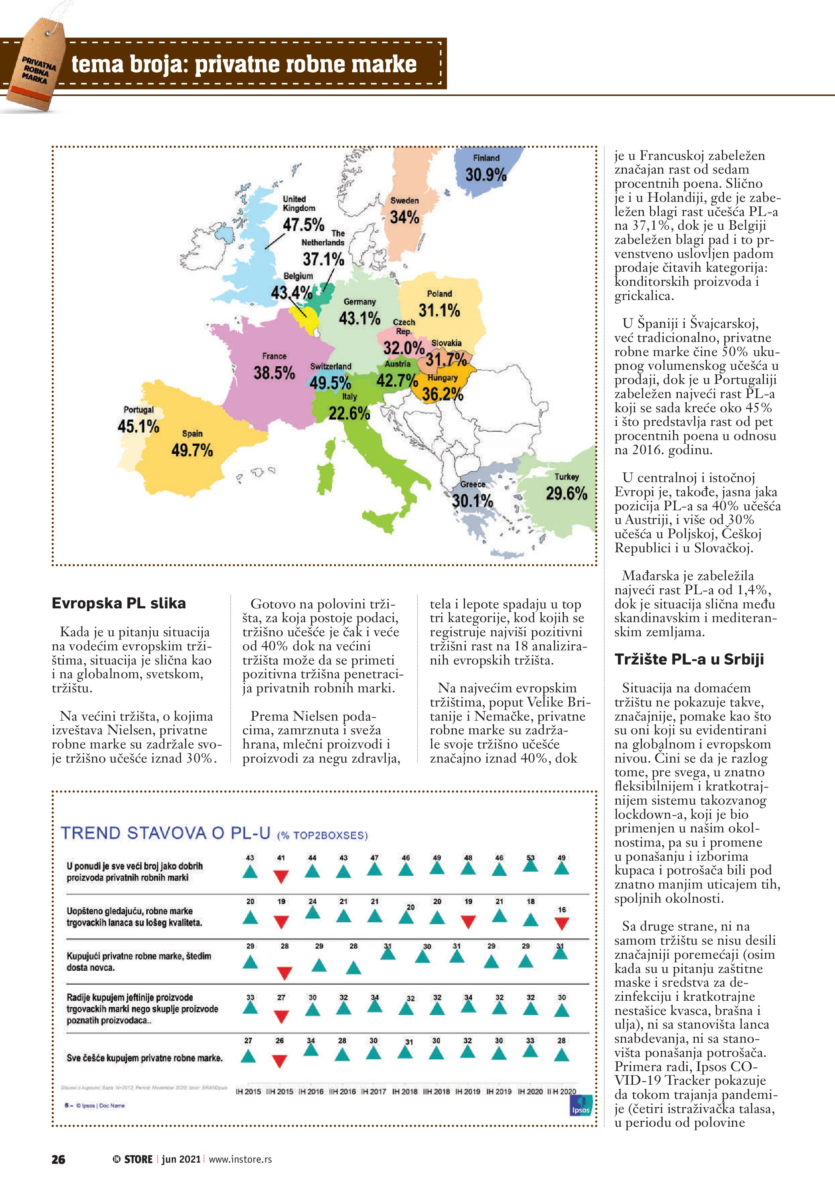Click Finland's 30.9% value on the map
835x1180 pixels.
486,175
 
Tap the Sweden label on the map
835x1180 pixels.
405,201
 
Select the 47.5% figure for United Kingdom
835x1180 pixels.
303,224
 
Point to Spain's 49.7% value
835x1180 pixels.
192,450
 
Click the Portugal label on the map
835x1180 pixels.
138,410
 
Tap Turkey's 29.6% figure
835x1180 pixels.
566,493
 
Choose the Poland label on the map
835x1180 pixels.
439,293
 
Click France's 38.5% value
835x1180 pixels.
274,373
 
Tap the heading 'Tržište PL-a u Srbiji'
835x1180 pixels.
689,659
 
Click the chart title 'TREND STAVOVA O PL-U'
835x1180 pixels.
166,833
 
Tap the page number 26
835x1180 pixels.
58,1159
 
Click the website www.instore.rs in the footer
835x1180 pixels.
240,1159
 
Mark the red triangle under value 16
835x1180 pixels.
562,924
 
